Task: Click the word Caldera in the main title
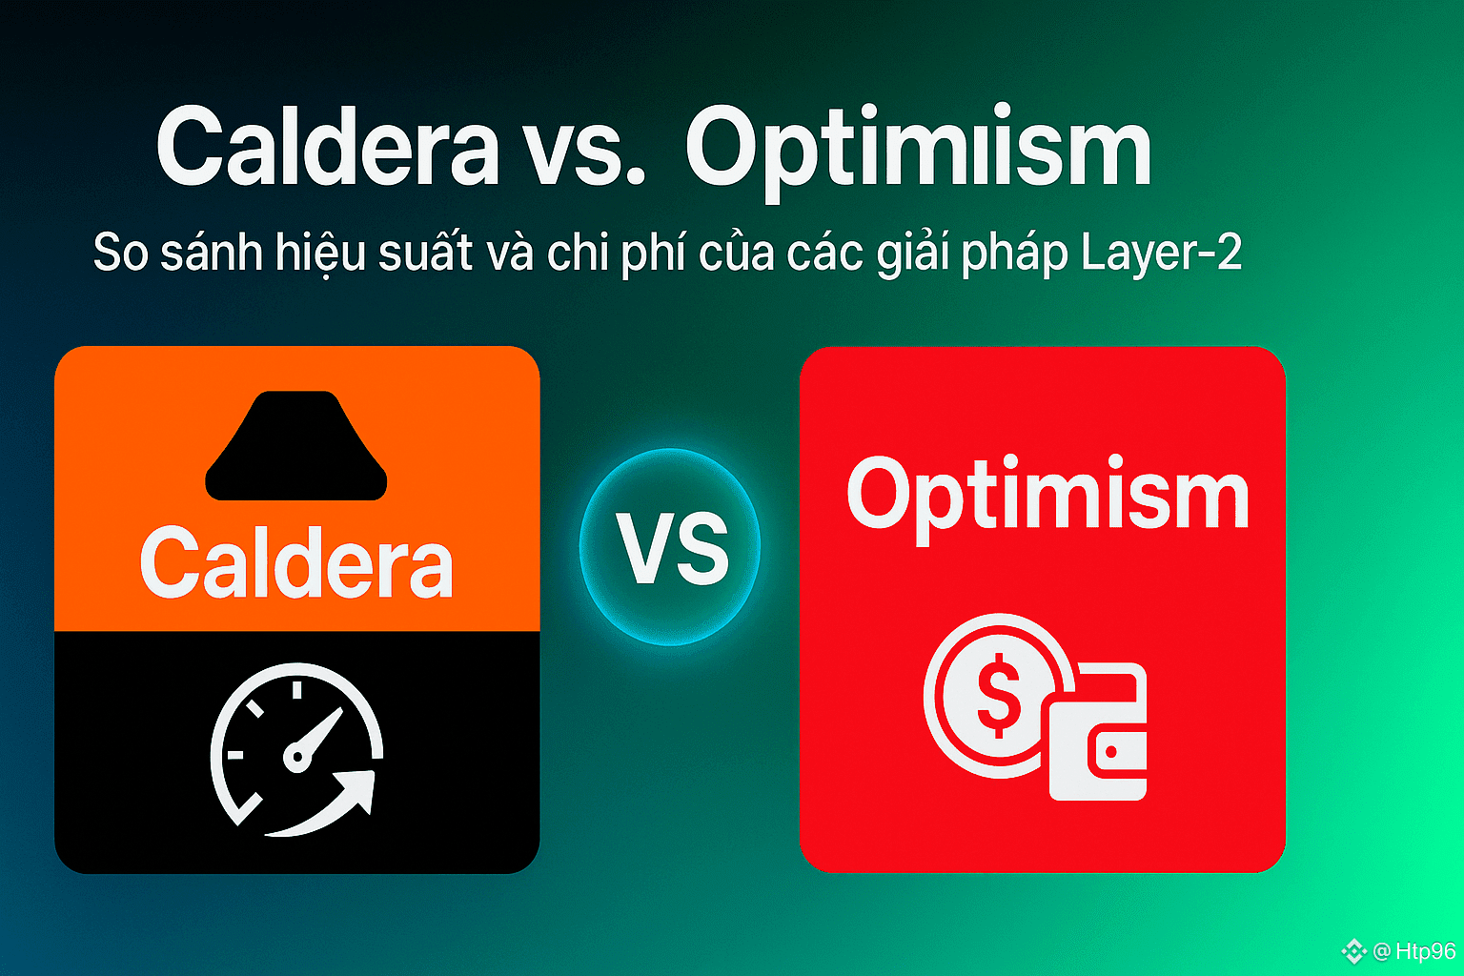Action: coord(328,147)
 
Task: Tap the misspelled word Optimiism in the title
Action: coord(918,152)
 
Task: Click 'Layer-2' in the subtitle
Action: coord(1162,253)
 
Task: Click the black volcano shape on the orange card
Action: coord(296,446)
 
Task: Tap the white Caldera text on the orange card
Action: coord(296,563)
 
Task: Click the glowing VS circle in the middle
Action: coord(670,546)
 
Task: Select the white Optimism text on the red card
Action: coord(1047,498)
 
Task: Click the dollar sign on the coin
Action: coord(999,696)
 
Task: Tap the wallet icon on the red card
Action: coord(1097,732)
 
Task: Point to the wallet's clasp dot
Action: coord(1111,752)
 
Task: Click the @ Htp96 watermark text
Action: coord(1414,951)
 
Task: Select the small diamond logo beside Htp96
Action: coord(1353,951)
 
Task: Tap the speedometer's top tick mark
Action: coord(296,690)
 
